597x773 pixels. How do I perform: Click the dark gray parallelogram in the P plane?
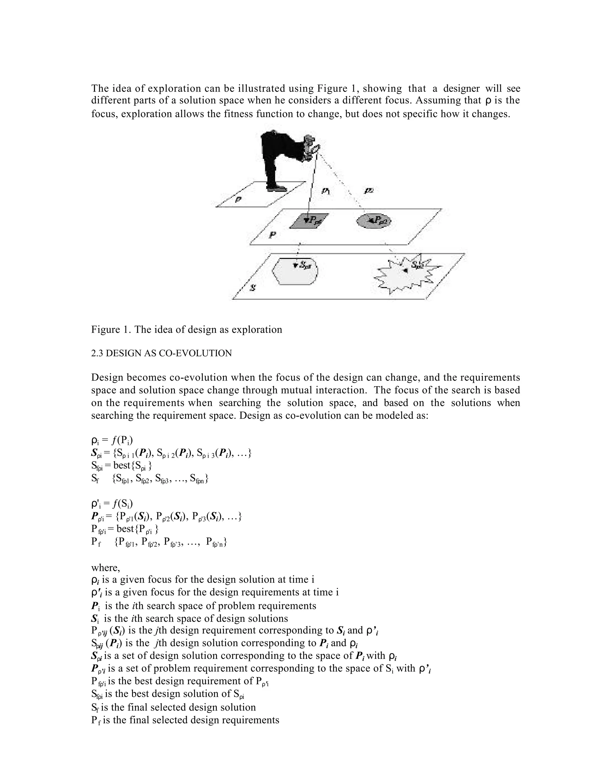(308, 221)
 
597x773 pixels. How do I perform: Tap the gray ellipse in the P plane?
(373, 221)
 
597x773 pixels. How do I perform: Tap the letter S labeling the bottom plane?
(252, 288)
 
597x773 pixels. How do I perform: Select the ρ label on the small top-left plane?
(238, 199)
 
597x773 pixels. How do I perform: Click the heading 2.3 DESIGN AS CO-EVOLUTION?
(161, 353)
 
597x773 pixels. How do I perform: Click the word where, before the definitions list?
(106, 568)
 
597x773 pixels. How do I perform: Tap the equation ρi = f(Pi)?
(112, 441)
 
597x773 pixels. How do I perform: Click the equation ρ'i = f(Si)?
(112, 503)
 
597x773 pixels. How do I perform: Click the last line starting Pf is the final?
(185, 720)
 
